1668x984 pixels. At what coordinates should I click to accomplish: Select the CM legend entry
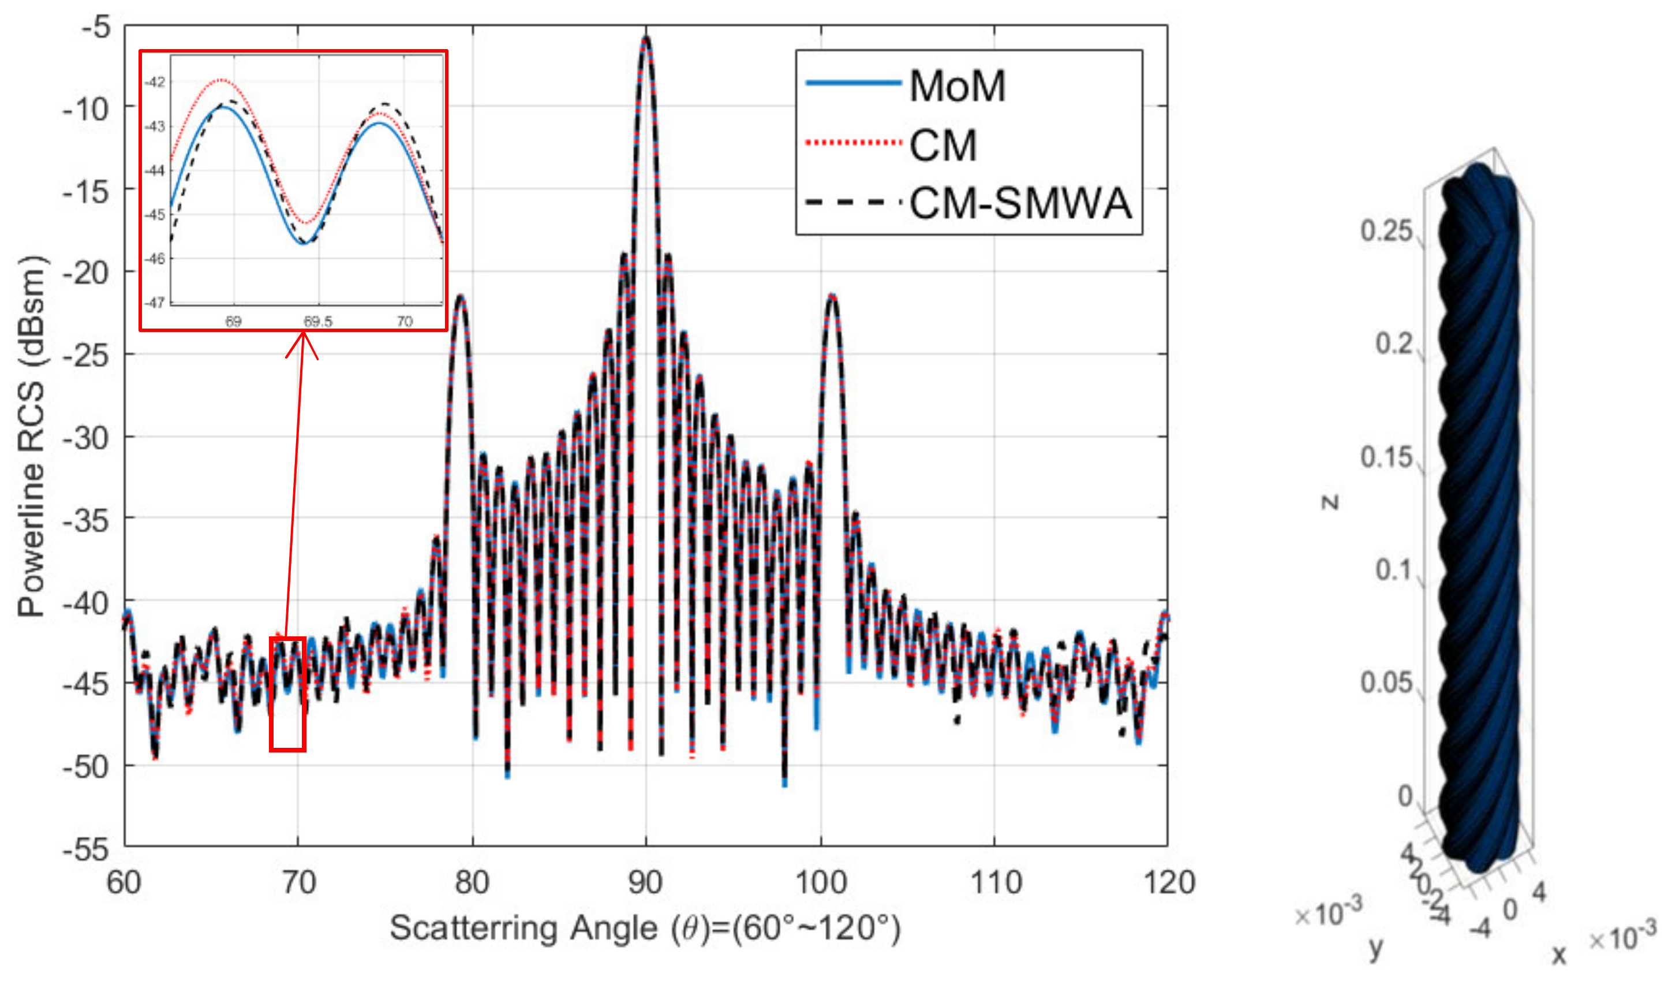[943, 145]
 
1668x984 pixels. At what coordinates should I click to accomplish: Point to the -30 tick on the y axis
[86, 438]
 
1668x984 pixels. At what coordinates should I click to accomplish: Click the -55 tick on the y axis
[86, 849]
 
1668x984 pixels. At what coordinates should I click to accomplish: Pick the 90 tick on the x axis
[645, 882]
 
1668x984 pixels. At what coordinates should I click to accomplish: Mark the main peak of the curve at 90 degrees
[646, 39]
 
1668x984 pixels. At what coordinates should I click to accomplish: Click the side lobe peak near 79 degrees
[461, 297]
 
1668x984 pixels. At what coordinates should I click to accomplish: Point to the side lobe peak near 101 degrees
[832, 296]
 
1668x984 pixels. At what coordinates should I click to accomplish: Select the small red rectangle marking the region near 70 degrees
[287, 694]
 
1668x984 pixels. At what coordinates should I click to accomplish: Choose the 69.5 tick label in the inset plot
[318, 322]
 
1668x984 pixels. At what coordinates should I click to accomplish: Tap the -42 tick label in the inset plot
[155, 82]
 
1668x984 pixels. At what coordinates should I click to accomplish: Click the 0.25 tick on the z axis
[1386, 231]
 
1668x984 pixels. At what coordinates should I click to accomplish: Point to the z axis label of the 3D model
[1329, 502]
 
